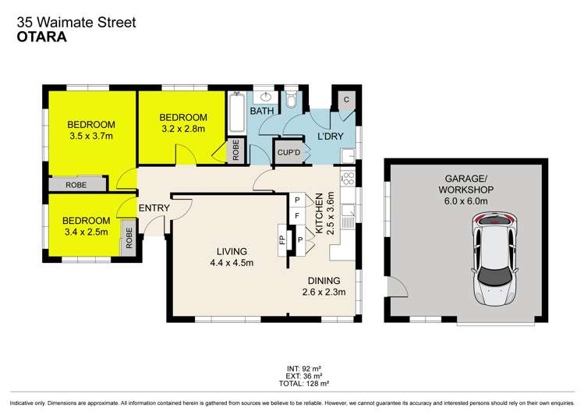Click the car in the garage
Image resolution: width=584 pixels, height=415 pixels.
click(494, 259)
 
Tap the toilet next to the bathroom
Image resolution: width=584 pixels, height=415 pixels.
click(291, 98)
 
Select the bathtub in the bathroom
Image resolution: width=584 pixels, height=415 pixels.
click(236, 112)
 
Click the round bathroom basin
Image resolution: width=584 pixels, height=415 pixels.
click(266, 98)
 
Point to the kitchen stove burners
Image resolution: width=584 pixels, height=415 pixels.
click(348, 179)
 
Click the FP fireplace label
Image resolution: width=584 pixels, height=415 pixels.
click(282, 239)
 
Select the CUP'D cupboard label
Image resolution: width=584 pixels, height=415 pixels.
click(288, 152)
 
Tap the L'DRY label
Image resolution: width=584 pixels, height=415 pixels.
click(331, 137)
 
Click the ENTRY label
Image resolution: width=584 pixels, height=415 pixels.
click(154, 207)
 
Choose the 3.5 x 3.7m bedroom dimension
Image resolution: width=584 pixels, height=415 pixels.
click(91, 136)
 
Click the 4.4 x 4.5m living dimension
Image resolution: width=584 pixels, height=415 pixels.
click(232, 263)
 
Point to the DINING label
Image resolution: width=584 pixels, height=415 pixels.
click(324, 281)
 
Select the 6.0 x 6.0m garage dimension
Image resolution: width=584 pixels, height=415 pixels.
click(466, 201)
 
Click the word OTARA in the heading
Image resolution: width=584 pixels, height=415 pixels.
click(42, 37)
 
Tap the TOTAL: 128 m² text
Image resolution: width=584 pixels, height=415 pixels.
click(304, 383)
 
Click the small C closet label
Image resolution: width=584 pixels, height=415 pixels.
click(346, 100)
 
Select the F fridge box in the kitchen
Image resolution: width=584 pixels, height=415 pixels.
click(297, 215)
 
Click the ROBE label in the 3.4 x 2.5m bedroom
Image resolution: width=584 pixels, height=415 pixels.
click(129, 238)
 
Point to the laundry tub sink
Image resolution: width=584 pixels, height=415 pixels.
click(348, 156)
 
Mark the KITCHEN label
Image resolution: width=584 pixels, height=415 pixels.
click(319, 213)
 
